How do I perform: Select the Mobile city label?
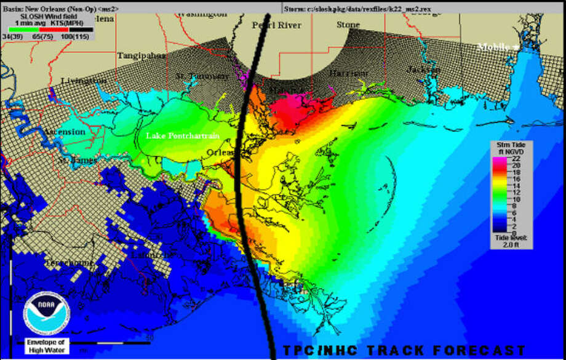[494, 47]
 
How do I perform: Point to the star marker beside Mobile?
[516, 47]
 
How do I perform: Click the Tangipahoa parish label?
[141, 55]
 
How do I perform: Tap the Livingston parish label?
[84, 81]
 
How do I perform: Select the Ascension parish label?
[64, 132]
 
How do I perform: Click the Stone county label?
[348, 25]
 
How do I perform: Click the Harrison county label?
[348, 73]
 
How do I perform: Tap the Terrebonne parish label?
[69, 263]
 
